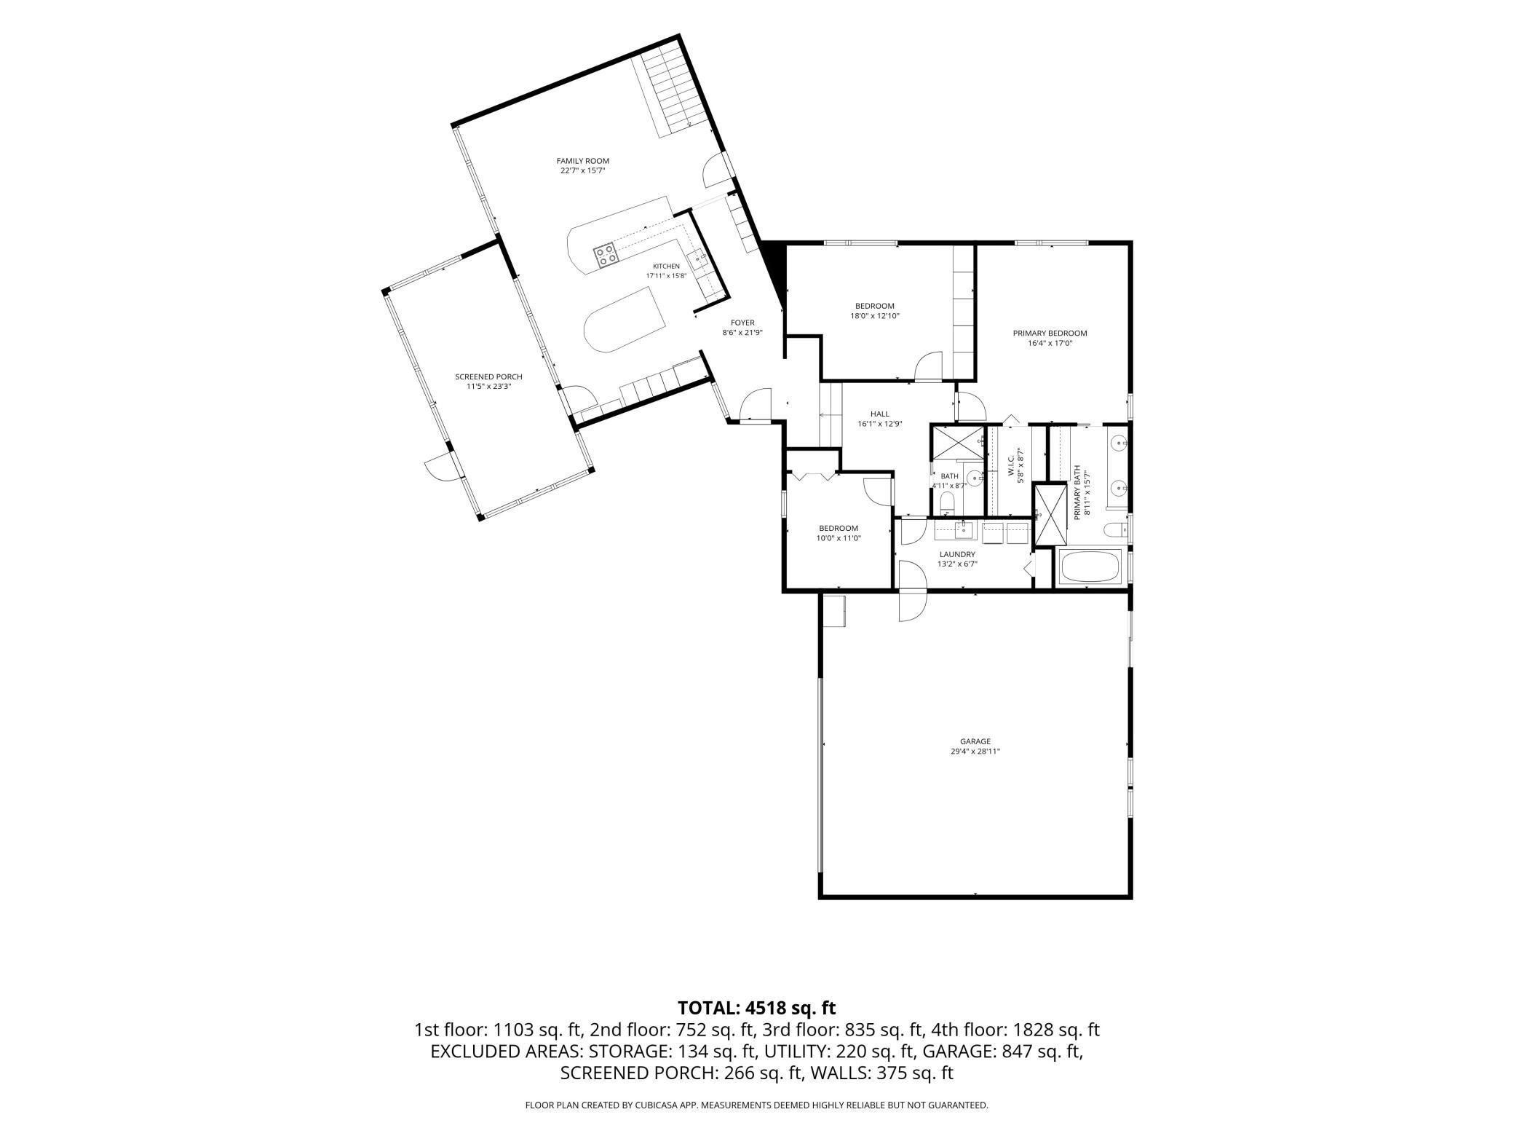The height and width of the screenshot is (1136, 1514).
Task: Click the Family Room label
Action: pyautogui.click(x=582, y=161)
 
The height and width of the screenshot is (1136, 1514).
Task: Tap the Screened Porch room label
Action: pyautogui.click(x=488, y=376)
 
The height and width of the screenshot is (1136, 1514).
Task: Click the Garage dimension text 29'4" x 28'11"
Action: pyautogui.click(x=975, y=752)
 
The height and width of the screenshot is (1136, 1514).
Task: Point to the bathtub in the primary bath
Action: pyautogui.click(x=1090, y=567)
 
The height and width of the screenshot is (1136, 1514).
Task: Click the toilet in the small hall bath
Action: pyautogui.click(x=947, y=503)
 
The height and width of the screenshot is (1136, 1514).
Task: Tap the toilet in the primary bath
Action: pyautogui.click(x=1115, y=529)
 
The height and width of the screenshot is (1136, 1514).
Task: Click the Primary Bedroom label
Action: pyautogui.click(x=1050, y=334)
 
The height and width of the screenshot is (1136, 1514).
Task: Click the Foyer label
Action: pyautogui.click(x=742, y=323)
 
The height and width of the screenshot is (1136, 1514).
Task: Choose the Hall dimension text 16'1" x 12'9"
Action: pyautogui.click(x=880, y=424)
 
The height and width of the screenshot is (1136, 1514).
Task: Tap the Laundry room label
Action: pyautogui.click(x=957, y=554)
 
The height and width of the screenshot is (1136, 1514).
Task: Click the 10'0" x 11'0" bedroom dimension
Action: pyautogui.click(x=839, y=538)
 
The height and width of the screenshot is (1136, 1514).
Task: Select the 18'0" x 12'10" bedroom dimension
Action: pyautogui.click(x=875, y=316)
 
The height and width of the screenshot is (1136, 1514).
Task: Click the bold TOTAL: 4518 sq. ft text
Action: pyautogui.click(x=757, y=1008)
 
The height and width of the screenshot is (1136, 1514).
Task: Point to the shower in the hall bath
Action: pyautogui.click(x=956, y=443)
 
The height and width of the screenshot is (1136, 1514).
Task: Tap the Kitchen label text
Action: pyautogui.click(x=666, y=267)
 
